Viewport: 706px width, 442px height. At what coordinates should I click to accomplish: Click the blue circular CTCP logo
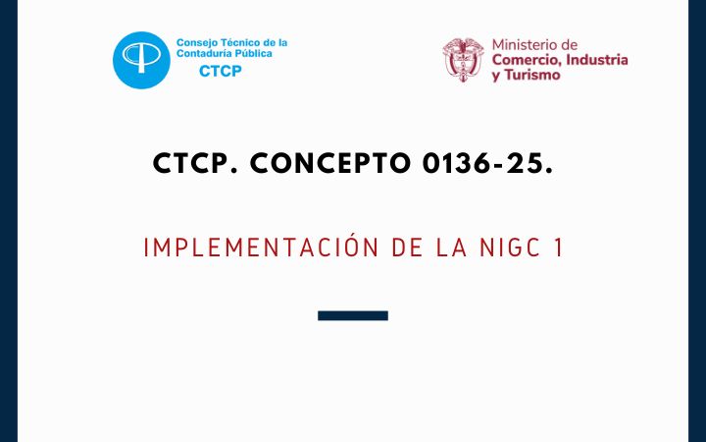[141, 60]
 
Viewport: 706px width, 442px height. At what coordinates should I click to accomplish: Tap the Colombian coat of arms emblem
[463, 60]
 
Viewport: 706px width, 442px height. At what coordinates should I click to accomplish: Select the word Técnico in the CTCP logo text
[238, 43]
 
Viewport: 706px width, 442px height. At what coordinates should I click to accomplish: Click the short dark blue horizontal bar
[353, 315]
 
